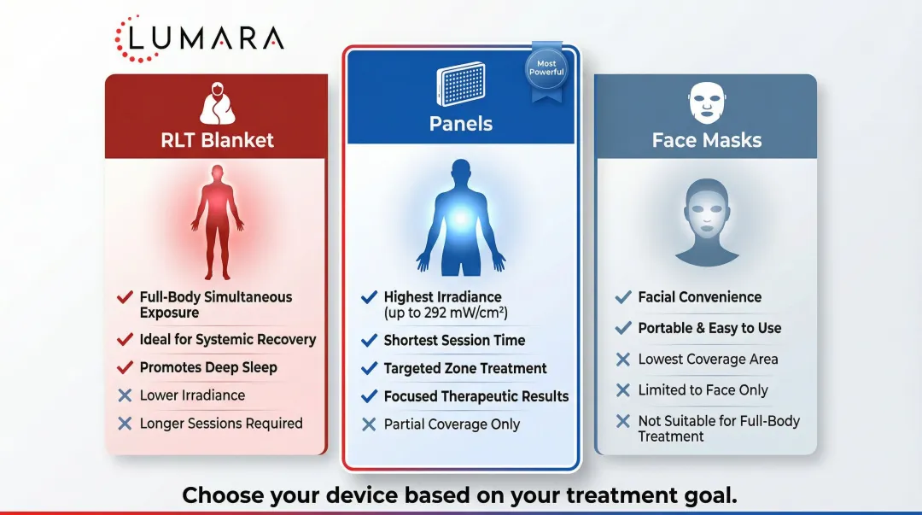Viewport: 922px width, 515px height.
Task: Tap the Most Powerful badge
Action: [x=546, y=68]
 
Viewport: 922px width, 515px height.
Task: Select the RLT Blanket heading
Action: [x=217, y=140]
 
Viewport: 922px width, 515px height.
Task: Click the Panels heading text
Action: [x=461, y=124]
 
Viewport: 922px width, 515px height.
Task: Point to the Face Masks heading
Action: [x=707, y=140]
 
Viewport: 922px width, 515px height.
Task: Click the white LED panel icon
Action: [x=460, y=84]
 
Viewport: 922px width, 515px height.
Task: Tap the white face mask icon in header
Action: [x=706, y=103]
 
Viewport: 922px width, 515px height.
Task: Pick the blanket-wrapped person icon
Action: [x=217, y=105]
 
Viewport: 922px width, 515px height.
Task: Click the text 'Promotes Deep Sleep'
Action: [x=208, y=367]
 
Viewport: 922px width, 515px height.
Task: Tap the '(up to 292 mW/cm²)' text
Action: [x=446, y=313]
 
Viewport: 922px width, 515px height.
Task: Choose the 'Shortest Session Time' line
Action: [x=454, y=340]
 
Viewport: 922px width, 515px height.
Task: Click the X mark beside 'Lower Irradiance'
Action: [x=125, y=395]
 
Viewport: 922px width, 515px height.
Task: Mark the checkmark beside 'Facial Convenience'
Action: [x=623, y=297]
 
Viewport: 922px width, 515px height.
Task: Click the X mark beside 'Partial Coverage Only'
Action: [x=369, y=424]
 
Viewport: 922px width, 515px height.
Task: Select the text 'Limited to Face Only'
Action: [x=703, y=390]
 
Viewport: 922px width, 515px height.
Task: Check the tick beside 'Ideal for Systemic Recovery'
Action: [x=125, y=340]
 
